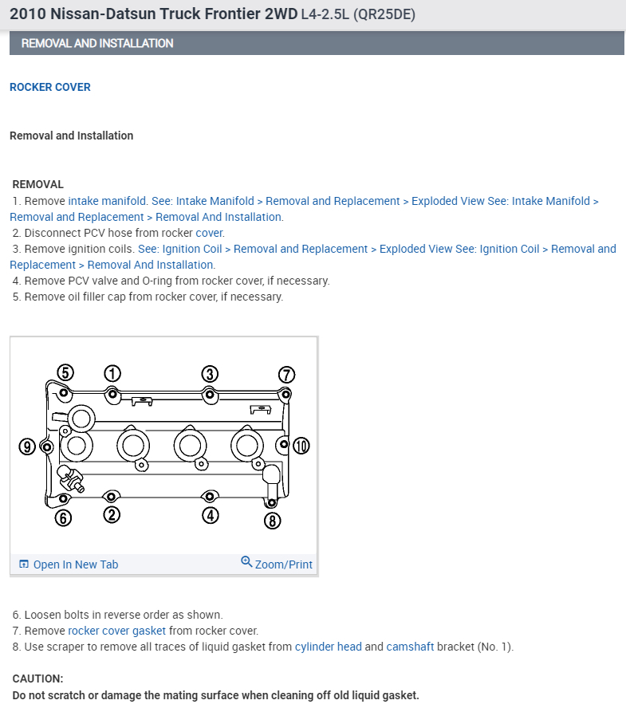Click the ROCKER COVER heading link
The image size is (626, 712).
pos(50,87)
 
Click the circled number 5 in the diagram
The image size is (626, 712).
pos(65,372)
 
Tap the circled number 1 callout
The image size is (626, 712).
pos(112,373)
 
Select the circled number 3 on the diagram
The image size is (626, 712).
pos(209,374)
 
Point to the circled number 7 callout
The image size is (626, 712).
pos(286,375)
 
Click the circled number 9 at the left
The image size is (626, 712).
pos(28,446)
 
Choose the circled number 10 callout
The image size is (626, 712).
pos(301,446)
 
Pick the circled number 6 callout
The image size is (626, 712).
pos(64,518)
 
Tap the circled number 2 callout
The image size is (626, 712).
pos(112,515)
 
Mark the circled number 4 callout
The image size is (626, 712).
pos(211,516)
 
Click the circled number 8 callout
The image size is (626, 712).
pos(273,521)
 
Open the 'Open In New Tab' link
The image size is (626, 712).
pos(75,564)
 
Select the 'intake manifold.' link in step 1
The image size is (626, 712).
pos(108,201)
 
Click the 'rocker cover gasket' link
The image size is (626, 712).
pos(116,631)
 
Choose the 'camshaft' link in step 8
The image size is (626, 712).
pos(410,647)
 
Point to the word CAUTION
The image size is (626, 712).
pos(37,679)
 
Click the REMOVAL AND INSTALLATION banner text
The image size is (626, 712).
pos(97,43)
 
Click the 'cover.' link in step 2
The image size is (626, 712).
pos(210,233)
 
